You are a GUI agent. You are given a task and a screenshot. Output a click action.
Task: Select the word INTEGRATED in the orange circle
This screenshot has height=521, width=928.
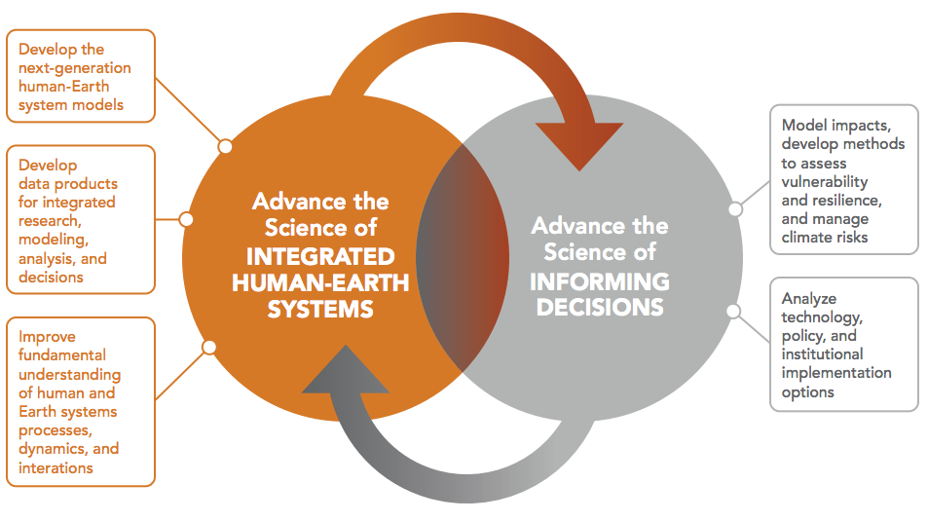click(x=319, y=257)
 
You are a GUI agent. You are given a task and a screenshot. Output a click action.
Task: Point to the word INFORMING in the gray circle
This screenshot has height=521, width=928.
click(x=600, y=282)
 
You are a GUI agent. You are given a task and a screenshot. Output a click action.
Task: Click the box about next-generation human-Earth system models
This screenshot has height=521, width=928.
click(x=80, y=76)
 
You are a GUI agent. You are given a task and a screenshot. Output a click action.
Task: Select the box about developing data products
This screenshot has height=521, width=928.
click(x=80, y=219)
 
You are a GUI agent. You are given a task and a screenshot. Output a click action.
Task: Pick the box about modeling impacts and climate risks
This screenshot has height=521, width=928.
click(x=843, y=179)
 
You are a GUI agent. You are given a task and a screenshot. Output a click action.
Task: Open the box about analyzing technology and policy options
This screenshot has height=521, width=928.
click(x=843, y=344)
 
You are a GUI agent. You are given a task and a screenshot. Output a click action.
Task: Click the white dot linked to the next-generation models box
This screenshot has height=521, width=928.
click(x=225, y=146)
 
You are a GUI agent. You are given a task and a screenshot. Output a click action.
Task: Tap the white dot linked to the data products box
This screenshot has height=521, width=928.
click(x=186, y=219)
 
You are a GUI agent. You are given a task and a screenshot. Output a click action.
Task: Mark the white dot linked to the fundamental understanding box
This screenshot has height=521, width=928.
click(x=208, y=346)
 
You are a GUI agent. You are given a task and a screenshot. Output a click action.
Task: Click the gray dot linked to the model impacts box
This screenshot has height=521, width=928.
click(x=735, y=208)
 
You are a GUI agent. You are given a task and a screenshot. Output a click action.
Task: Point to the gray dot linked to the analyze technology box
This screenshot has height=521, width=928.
click(x=734, y=311)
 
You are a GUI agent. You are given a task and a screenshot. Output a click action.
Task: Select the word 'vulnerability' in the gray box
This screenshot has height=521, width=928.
click(x=824, y=182)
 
